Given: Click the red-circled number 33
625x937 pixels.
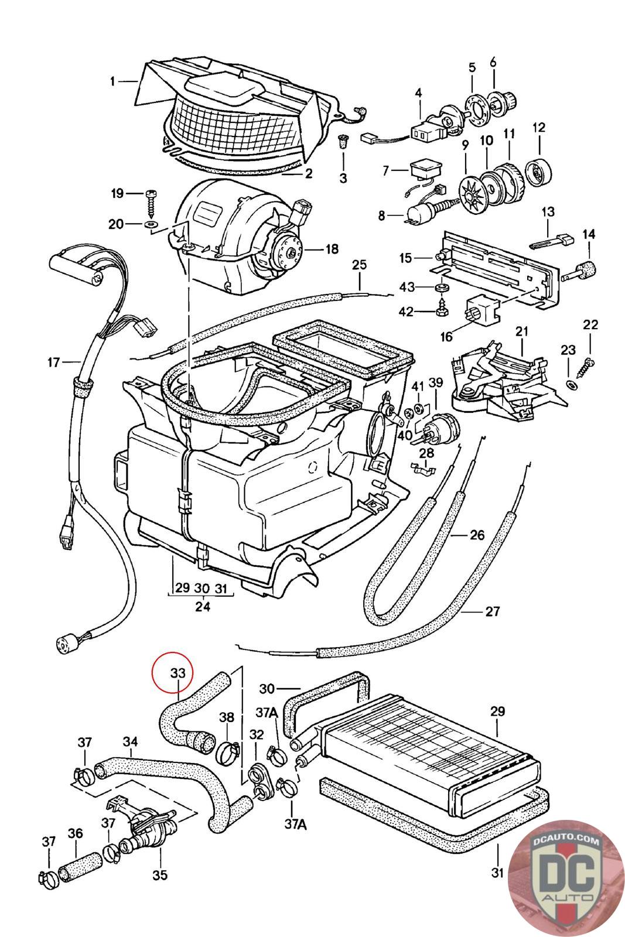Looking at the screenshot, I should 177,673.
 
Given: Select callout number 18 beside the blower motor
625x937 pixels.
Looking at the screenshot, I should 332,249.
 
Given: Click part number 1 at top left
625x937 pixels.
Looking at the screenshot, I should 112,81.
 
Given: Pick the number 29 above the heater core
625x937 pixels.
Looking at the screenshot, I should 497,712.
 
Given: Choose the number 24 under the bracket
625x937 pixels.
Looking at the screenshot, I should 203,606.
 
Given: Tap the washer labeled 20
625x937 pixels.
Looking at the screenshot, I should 151,224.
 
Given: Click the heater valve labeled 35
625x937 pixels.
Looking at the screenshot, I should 145,832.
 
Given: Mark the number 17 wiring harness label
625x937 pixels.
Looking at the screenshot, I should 54,363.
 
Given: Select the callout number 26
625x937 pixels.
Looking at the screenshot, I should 477,534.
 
